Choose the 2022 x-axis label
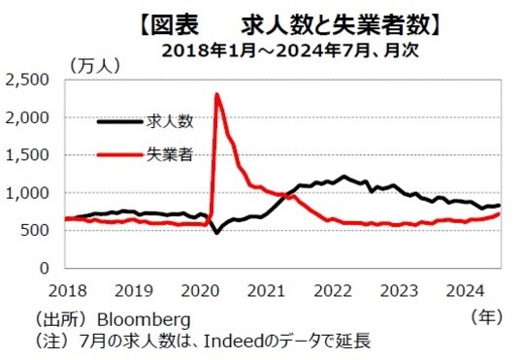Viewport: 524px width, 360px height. click(x=332, y=289)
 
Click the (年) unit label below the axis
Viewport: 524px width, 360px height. click(x=486, y=315)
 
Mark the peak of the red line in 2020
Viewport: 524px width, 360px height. click(x=216, y=94)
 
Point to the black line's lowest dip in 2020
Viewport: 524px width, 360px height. click(x=216, y=233)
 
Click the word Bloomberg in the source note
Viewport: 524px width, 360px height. click(x=141, y=318)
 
